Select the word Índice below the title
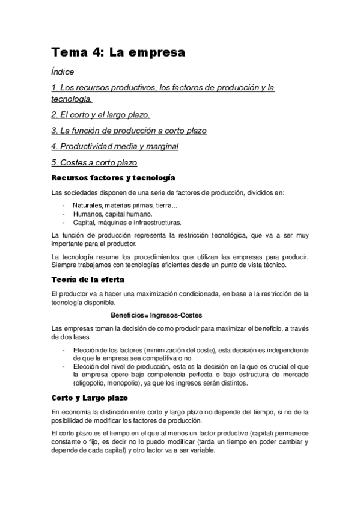coord(63,72)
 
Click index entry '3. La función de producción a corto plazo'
coord(129,130)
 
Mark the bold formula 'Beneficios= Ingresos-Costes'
coord(156,315)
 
